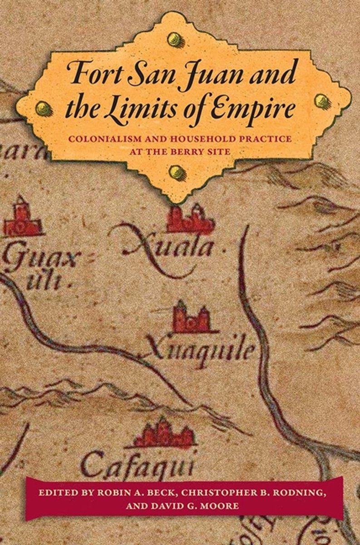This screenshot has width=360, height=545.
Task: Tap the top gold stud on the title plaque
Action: pos(174,40)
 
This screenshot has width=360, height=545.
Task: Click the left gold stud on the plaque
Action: pos(44,108)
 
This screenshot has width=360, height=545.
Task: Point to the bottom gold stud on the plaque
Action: pos(177,172)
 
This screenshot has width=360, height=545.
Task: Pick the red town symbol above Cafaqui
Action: pos(163,433)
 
